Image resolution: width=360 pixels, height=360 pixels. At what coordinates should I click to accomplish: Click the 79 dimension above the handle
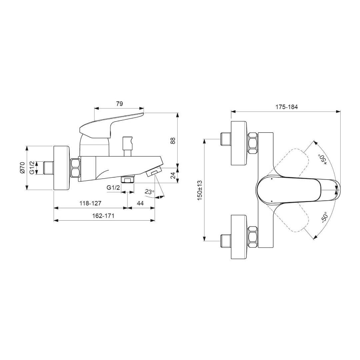[119, 104]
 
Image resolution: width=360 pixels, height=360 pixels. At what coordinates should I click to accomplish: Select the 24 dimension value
[174, 176]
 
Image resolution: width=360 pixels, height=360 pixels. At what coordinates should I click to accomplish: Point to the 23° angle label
[149, 192]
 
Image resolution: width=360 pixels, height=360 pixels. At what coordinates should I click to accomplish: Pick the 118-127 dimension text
[90, 203]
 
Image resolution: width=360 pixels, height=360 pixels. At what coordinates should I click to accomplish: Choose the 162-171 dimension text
[103, 216]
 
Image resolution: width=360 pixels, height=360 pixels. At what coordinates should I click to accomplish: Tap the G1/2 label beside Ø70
[32, 167]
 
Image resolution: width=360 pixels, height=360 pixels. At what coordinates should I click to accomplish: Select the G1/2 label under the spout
[113, 188]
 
